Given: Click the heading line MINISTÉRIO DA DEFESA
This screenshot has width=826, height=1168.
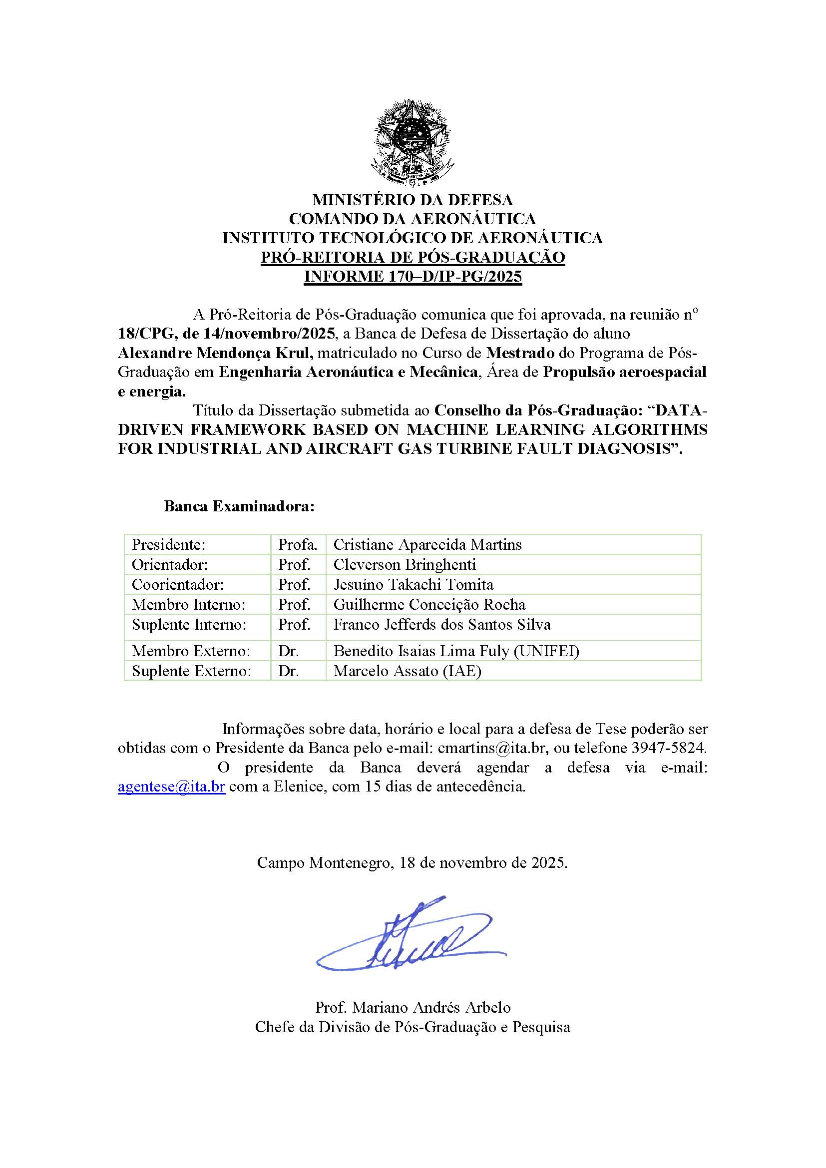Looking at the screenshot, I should coord(413,199).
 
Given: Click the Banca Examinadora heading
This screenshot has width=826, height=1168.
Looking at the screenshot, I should coord(239,507).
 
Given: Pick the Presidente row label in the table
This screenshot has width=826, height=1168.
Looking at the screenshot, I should coord(168,545).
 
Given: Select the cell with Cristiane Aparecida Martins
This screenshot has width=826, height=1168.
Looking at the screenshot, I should coord(427,545).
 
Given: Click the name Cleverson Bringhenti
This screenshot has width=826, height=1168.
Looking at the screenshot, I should coord(405,565).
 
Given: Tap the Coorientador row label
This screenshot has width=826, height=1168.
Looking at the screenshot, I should coord(177,585).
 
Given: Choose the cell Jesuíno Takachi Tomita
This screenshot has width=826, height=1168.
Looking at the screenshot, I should coord(413,585).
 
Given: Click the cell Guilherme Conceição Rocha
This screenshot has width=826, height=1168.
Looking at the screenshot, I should coord(429,604).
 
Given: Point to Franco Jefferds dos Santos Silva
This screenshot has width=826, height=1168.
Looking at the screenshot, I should coord(442,624).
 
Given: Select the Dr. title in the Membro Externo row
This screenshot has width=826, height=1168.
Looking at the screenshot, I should coord(288,651).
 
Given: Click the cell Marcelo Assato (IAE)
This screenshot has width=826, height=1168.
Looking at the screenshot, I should coord(407,671).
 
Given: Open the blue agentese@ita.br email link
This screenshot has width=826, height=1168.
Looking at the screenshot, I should coord(171,786).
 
